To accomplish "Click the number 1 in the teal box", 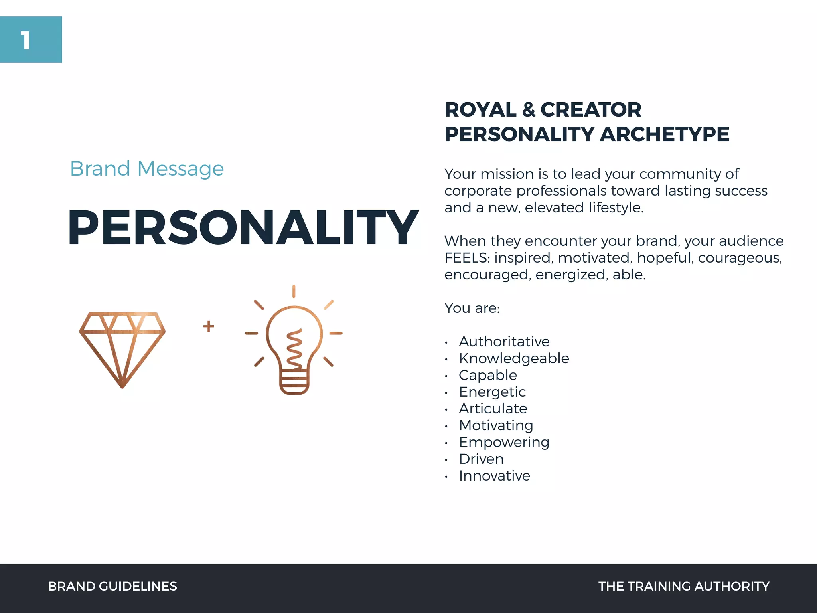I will [26, 41].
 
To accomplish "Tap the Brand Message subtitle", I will [147, 168].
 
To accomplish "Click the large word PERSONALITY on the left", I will [243, 227].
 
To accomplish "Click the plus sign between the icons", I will [208, 326].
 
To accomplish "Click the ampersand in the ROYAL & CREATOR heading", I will [529, 110].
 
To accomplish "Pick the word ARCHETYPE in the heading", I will [665, 134].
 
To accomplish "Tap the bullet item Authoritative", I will [504, 342].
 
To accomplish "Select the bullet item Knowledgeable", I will [514, 358].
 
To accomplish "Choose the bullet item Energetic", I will [492, 392].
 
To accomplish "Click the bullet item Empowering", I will [504, 442].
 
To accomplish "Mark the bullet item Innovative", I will [494, 476].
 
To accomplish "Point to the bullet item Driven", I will [481, 459].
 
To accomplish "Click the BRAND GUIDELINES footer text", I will [112, 586].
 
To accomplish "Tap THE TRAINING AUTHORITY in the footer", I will [684, 586].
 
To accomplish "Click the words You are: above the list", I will [472, 308].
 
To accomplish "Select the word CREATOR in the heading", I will [591, 110].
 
